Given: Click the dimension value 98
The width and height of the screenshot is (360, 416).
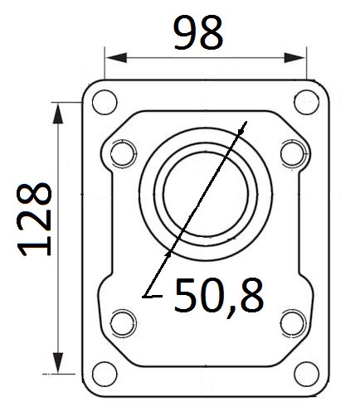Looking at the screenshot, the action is click(198, 32).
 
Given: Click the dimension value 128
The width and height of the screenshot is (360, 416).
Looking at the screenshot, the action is click(34, 220).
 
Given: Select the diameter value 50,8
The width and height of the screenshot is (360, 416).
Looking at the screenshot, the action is click(219, 296).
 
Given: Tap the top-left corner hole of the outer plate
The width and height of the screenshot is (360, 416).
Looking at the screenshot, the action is click(105, 102).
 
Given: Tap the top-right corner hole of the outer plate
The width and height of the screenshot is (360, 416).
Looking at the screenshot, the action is click(307, 102).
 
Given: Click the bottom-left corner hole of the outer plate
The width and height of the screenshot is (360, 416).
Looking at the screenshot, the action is click(105, 375).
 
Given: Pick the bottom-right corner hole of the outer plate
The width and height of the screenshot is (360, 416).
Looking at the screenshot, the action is click(307, 375).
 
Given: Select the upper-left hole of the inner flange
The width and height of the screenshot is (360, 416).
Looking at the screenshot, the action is click(124, 153).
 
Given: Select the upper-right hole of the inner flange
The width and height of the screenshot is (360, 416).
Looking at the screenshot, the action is click(294, 153).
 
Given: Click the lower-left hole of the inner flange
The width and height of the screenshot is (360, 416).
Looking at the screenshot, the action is click(124, 323).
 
